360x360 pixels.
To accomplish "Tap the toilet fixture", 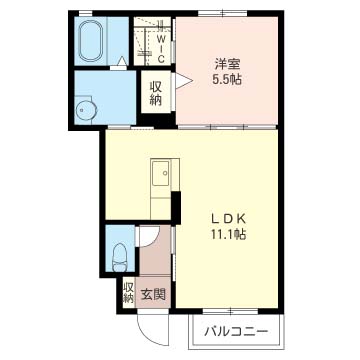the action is (x=119, y=257).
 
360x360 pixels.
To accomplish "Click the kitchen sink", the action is (x=160, y=173).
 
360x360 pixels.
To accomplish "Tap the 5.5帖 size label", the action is (x=228, y=79).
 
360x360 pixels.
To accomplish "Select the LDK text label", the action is (x=228, y=219).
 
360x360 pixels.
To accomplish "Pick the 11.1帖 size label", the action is (x=228, y=235).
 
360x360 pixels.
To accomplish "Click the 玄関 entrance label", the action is (x=153, y=294).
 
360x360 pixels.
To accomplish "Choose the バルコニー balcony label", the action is (x=236, y=332).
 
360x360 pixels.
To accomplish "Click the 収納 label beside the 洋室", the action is (x=156, y=94).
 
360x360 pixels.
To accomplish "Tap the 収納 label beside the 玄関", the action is (x=129, y=293).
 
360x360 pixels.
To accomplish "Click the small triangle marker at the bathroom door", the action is (x=122, y=61).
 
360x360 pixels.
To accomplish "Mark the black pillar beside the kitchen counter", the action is (x=176, y=207).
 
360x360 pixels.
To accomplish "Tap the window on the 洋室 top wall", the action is (x=223, y=13).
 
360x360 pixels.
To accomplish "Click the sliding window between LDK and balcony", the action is (x=230, y=312).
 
